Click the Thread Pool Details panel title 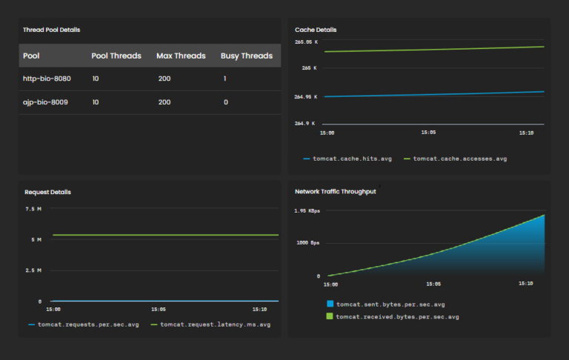click(52, 30)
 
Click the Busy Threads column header click(246, 56)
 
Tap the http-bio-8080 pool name click(47, 79)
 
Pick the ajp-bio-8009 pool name click(45, 102)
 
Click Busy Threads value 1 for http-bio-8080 click(224, 79)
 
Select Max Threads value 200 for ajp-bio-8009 click(164, 102)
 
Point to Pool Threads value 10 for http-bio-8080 click(96, 79)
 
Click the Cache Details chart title click(316, 30)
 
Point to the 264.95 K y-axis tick click(305, 96)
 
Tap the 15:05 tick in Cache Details click(428, 133)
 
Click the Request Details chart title click(47, 192)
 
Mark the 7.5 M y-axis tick click(34, 209)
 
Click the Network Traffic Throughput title click(335, 191)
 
